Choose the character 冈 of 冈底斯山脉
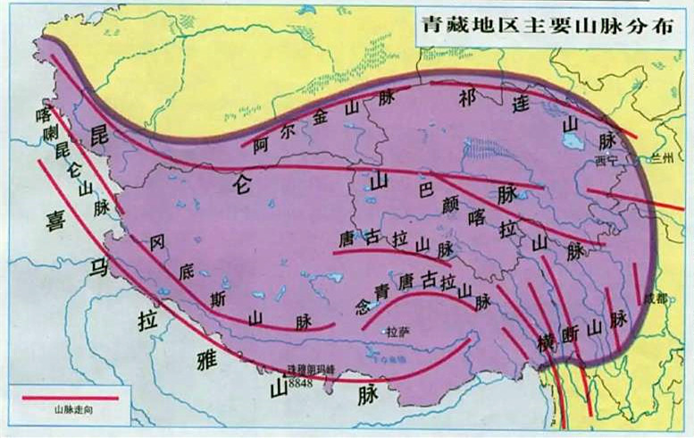pyautogui.click(x=158, y=241)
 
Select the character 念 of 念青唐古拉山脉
pyautogui.click(x=362, y=305)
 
